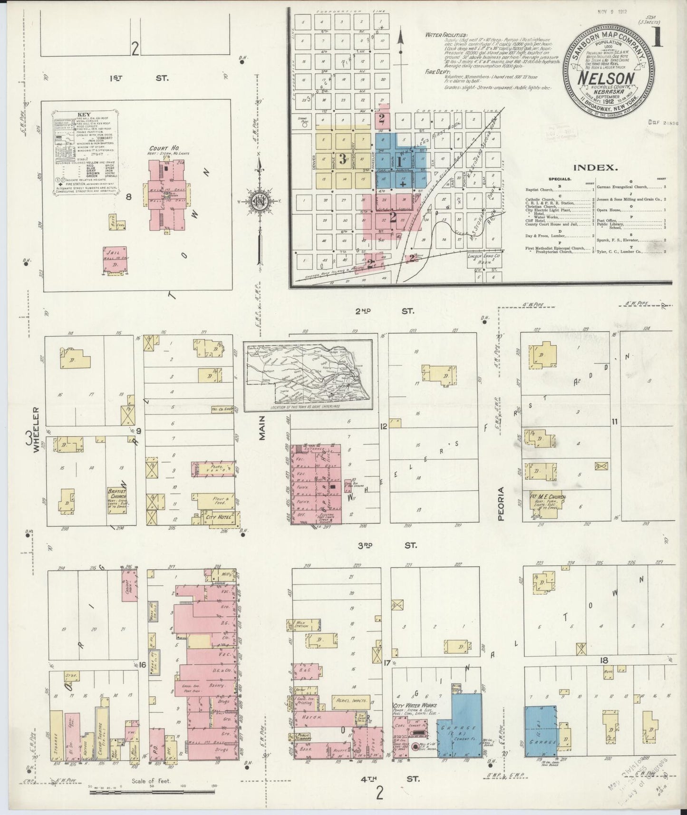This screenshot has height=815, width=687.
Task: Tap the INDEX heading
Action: pyautogui.click(x=596, y=167)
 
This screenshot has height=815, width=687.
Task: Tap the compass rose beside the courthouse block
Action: pyautogui.click(x=261, y=200)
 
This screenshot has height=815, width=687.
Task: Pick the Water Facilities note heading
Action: pyautogui.click(x=446, y=35)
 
